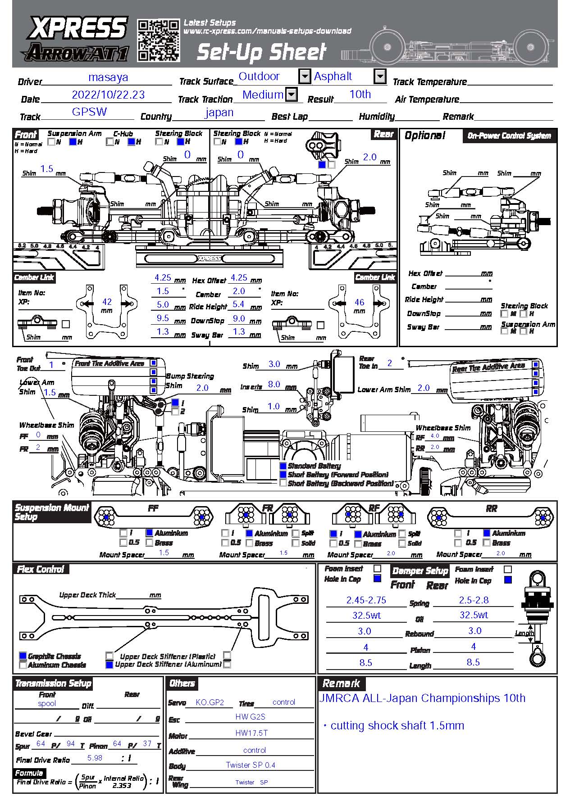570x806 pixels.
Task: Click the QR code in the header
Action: tap(158, 40)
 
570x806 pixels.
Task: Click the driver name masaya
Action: tap(108, 77)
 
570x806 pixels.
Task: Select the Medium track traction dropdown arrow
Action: tap(292, 94)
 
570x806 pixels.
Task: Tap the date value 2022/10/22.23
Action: tap(108, 95)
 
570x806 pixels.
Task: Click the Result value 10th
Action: tap(360, 94)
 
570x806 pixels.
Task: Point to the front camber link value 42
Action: tap(107, 302)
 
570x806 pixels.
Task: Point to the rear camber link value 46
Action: tap(359, 302)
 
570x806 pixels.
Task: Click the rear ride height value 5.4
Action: tap(238, 304)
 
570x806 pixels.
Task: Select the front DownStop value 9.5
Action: tap(163, 318)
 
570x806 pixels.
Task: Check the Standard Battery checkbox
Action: tap(283, 466)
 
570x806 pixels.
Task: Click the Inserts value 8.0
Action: tap(274, 384)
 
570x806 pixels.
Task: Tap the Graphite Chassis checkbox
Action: tap(23, 656)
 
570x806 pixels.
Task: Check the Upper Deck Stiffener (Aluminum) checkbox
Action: tap(109, 665)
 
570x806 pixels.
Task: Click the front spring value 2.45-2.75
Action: tap(366, 600)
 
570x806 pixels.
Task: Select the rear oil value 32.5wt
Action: tap(474, 615)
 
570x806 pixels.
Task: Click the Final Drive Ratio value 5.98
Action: tap(95, 758)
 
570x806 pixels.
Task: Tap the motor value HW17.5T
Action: tap(251, 733)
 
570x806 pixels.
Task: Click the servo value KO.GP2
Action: tap(210, 702)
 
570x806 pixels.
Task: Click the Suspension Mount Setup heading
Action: tap(51, 512)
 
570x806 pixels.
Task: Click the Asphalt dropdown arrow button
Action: tap(380, 76)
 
